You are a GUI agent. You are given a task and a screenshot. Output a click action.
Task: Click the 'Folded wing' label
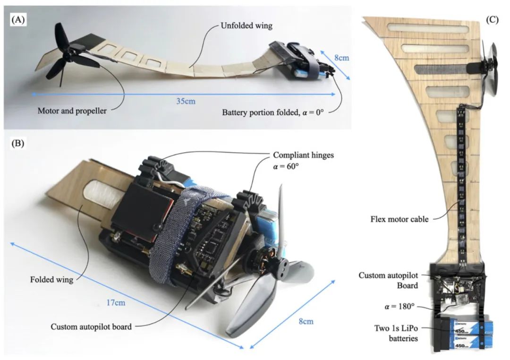click(x=56, y=280)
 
